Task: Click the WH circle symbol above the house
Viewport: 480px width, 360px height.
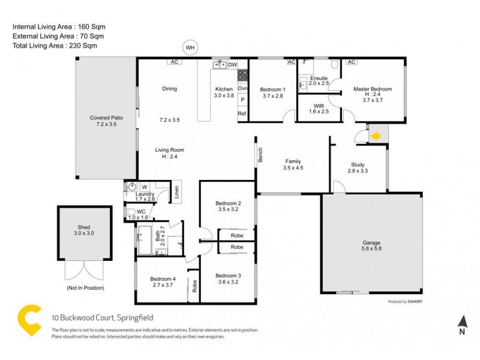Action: click(190, 47)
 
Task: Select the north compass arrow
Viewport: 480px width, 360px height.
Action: click(461, 321)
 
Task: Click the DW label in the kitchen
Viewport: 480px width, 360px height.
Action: click(233, 64)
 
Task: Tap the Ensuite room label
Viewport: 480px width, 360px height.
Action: click(319, 78)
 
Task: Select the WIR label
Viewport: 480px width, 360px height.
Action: click(319, 105)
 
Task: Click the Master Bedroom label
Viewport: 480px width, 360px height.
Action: click(372, 89)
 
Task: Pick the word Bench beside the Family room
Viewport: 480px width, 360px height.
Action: click(261, 155)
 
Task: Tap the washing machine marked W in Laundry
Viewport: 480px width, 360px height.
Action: click(144, 187)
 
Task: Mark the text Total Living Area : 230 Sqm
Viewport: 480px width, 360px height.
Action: click(55, 45)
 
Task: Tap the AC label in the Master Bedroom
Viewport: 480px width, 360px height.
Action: click(352, 62)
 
